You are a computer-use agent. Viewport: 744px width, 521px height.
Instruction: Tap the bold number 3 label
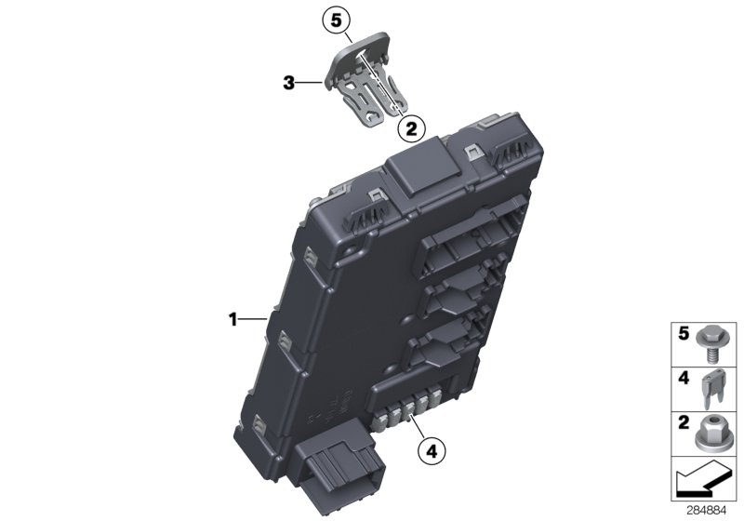289,84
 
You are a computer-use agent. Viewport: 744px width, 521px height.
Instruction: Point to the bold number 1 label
233,320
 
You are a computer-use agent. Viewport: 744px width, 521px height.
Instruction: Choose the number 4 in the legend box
681,378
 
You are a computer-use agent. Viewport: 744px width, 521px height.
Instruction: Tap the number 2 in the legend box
681,423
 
